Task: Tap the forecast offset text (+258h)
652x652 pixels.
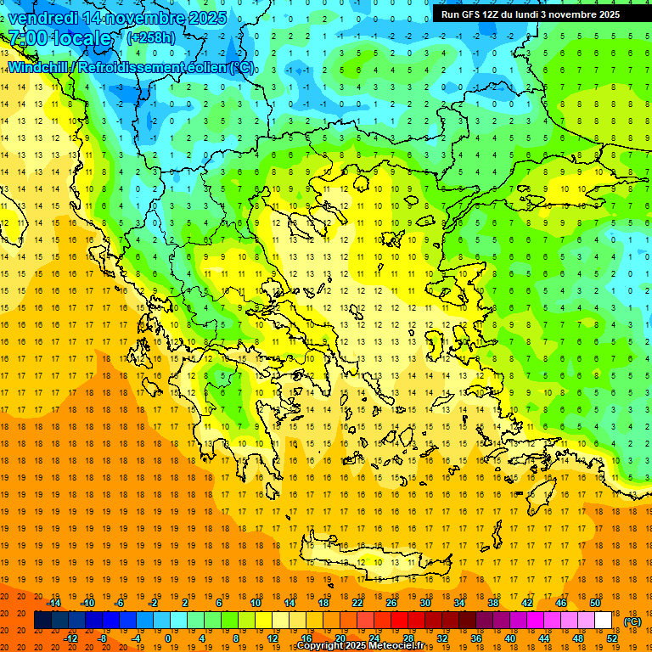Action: pyautogui.click(x=151, y=37)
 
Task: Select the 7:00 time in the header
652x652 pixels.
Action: pyautogui.click(x=27, y=38)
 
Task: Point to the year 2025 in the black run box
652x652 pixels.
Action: pyautogui.click(x=606, y=14)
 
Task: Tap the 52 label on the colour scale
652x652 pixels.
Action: pyautogui.click(x=611, y=638)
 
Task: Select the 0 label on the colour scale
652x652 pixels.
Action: pyautogui.click(x=168, y=638)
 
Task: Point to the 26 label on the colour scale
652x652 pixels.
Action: pyautogui.click(x=391, y=603)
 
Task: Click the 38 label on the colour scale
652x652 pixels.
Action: pyautogui.click(x=492, y=603)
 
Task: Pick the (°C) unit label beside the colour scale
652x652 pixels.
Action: pyautogui.click(x=632, y=621)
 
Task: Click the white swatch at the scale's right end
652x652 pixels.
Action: pyautogui.click(x=603, y=621)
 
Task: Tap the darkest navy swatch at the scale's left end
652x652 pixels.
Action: pyautogui.click(x=42, y=621)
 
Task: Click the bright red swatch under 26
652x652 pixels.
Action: pyautogui.click(x=399, y=621)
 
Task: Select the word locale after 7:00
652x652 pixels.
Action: pyautogui.click(x=81, y=38)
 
